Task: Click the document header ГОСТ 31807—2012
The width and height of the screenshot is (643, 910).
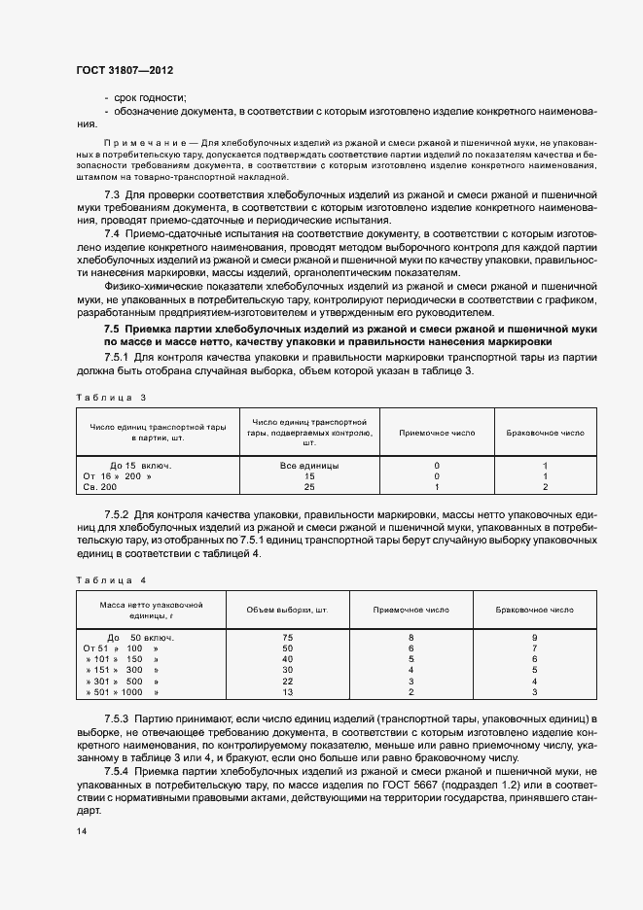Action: (124, 72)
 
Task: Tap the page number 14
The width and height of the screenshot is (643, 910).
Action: (81, 831)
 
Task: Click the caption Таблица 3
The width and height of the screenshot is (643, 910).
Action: (110, 397)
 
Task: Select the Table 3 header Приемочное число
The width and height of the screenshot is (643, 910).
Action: (437, 434)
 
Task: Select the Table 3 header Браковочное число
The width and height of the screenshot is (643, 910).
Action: (545, 434)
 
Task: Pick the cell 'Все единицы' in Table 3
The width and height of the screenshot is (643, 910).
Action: (309, 466)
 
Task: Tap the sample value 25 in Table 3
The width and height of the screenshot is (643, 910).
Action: (309, 486)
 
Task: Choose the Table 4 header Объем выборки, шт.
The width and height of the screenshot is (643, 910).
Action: (288, 610)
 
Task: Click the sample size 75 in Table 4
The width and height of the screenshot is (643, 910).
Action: (288, 637)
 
